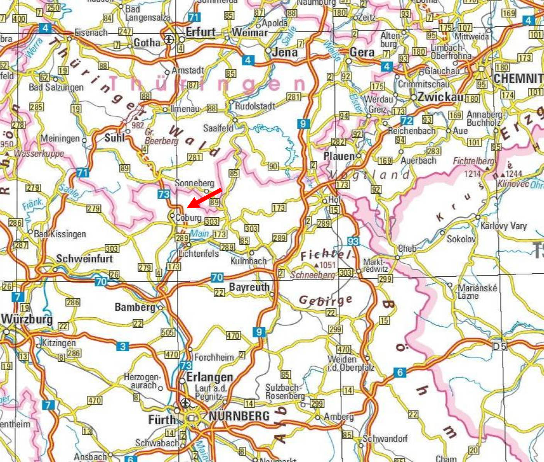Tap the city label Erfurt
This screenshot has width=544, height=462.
(x=200, y=32)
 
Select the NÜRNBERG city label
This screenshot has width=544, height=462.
(x=239, y=416)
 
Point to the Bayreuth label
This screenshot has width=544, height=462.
(x=249, y=287)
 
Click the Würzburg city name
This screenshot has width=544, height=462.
(x=27, y=319)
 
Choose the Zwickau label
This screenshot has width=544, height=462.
(x=440, y=97)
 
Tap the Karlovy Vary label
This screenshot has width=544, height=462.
(x=503, y=226)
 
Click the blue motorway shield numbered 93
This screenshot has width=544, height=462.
(x=353, y=242)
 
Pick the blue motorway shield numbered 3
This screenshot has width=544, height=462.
(x=122, y=347)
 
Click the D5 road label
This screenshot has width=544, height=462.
(x=499, y=347)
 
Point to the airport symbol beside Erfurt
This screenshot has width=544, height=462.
(x=169, y=39)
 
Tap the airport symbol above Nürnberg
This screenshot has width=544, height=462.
(x=185, y=403)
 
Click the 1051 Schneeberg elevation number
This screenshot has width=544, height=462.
(x=328, y=265)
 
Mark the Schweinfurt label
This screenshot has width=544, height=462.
(x=85, y=259)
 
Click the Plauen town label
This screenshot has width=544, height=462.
(x=339, y=156)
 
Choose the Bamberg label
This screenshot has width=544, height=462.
(x=135, y=307)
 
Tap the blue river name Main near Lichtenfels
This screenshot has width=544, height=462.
(x=199, y=233)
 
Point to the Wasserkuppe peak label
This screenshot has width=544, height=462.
(x=39, y=154)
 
